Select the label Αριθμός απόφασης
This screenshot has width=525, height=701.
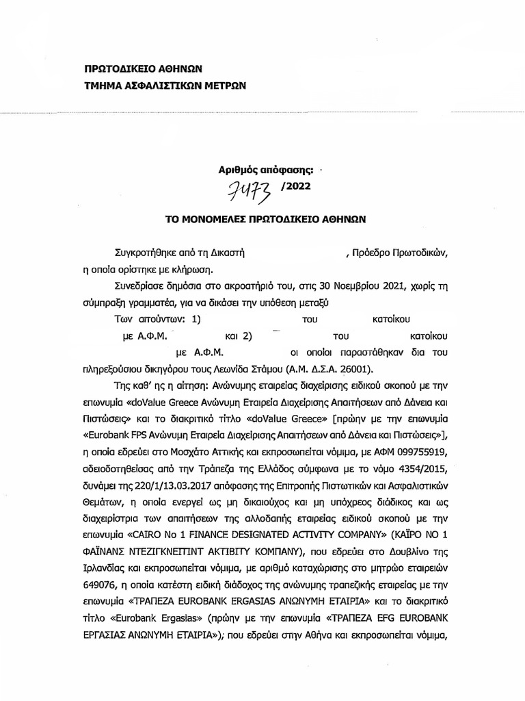[262, 167]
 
